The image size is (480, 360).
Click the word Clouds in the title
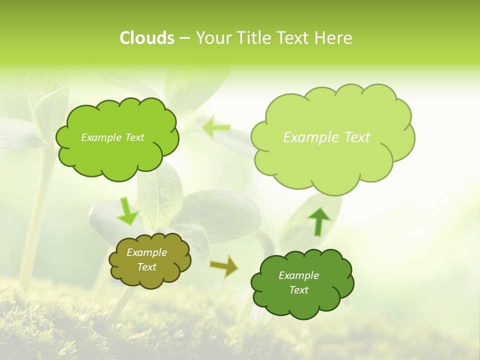[x=147, y=38]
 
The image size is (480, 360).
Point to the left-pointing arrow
[x=216, y=127]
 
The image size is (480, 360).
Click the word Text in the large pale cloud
[x=357, y=137]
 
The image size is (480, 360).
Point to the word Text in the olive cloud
[x=147, y=267]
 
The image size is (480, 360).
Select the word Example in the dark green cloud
[x=298, y=275]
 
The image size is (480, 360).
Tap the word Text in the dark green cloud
[x=298, y=290]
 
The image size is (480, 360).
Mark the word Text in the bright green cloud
[x=134, y=137]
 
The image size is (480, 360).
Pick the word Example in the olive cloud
[x=147, y=252]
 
